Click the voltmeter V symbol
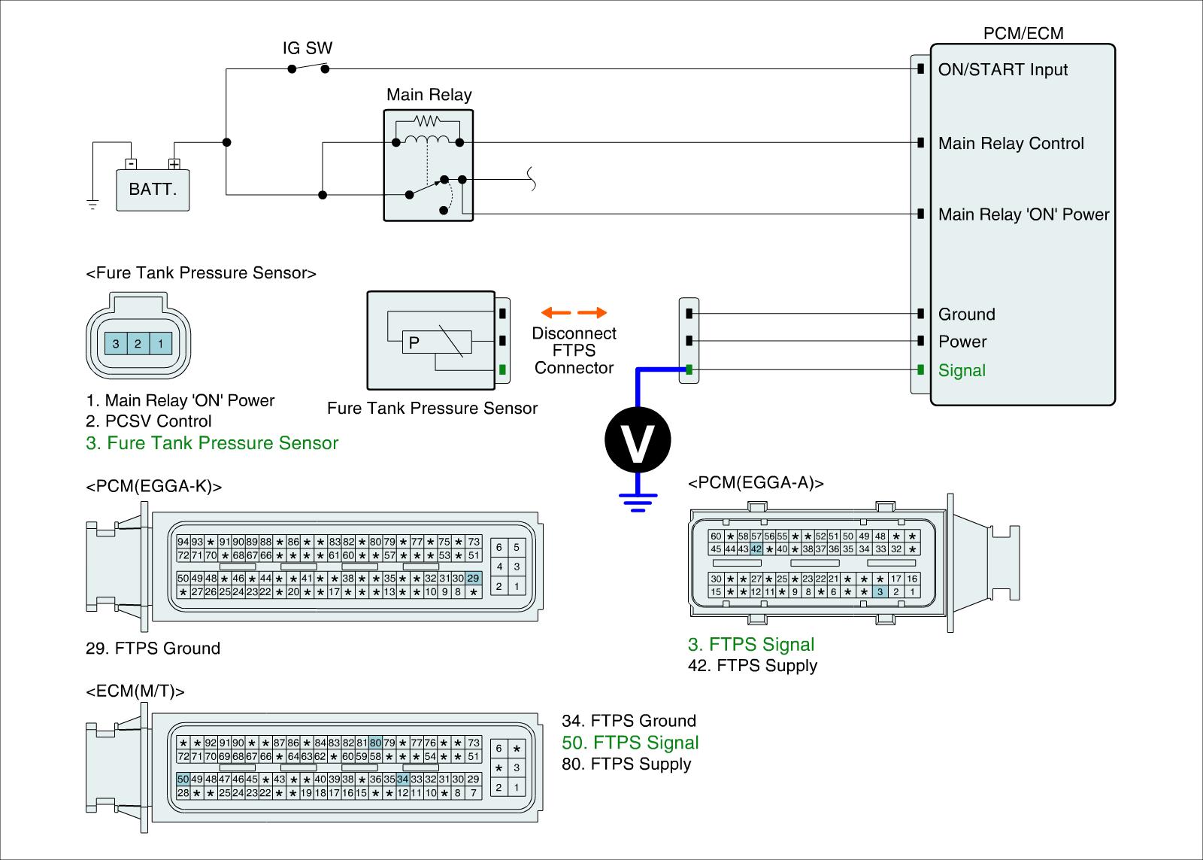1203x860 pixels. (638, 439)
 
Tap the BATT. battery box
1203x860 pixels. (153, 190)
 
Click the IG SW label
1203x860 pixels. (308, 48)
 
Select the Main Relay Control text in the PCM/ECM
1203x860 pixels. (1011, 143)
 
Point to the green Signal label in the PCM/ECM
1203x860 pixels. (962, 370)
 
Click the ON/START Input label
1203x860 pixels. (1003, 69)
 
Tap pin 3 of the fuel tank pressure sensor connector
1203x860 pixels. (116, 343)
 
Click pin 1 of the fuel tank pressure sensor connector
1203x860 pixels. (161, 343)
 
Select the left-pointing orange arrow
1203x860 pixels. (556, 312)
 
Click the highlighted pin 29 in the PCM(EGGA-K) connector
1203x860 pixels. (473, 579)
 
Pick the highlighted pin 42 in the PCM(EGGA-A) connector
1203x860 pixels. (756, 549)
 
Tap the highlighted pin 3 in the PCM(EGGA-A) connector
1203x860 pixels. (880, 591)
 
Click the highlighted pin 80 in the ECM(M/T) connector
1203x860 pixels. (375, 743)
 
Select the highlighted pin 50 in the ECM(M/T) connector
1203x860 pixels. (183, 779)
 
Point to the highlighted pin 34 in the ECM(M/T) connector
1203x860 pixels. (403, 779)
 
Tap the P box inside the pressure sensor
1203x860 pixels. (437, 342)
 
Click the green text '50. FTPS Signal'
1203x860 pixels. (630, 743)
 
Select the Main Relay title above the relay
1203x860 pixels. (429, 95)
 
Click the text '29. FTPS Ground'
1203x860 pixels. (153, 648)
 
